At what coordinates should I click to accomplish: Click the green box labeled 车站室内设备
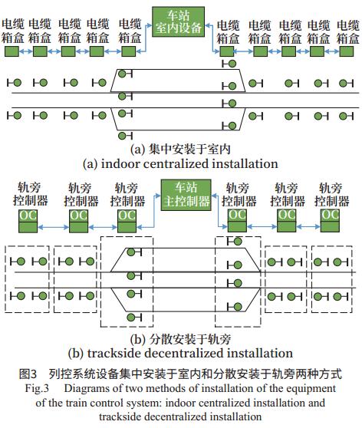point(178,21)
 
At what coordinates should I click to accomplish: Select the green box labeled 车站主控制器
point(186,195)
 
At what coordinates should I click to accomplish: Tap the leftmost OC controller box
point(28,221)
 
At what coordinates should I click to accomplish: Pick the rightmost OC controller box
point(330,221)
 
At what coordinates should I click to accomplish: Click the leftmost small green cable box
point(12,51)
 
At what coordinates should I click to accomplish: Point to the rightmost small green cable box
point(347,51)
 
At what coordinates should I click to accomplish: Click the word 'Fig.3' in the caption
point(37,388)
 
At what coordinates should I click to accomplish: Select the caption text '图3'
point(28,374)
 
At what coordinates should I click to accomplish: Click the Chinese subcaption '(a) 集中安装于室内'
point(181,149)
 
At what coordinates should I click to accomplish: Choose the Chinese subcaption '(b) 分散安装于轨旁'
point(181,339)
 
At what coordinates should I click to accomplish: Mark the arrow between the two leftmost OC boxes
point(53,227)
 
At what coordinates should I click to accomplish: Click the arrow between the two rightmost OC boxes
point(308,226)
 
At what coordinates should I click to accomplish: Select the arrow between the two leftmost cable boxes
point(26,51)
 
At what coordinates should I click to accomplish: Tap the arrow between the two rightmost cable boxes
point(331,51)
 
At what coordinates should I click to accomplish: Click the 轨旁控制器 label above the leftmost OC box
point(30,194)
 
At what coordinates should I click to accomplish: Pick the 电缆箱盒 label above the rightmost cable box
point(347,32)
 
